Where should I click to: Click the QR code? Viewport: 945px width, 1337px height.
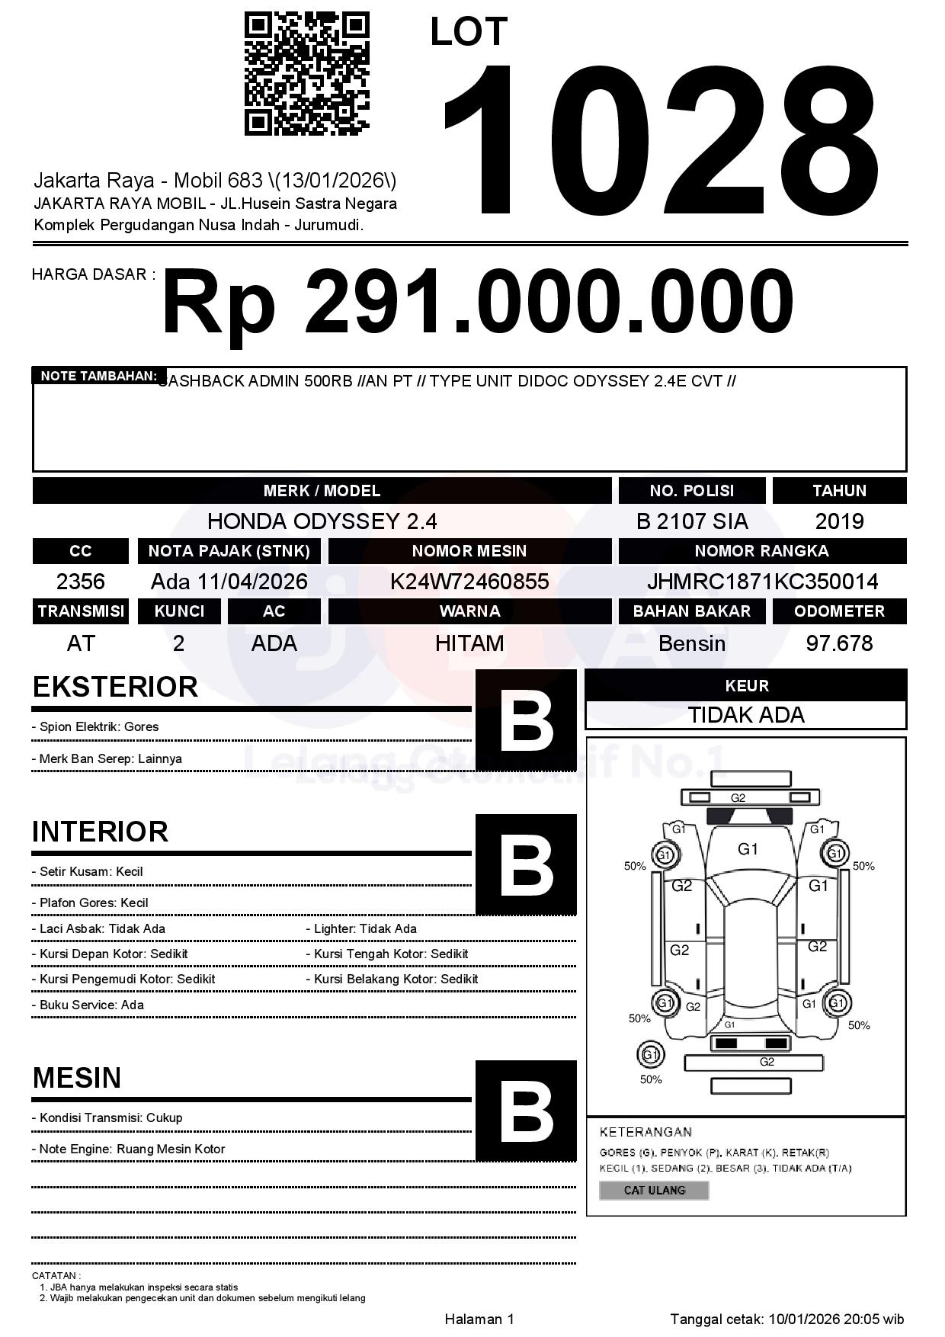[306, 73]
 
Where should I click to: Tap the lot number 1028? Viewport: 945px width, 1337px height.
[660, 139]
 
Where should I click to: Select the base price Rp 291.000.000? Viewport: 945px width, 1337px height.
[477, 302]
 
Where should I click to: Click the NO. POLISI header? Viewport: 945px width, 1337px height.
[691, 491]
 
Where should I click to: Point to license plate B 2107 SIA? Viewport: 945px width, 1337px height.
[692, 521]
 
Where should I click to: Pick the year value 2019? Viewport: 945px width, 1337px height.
[839, 521]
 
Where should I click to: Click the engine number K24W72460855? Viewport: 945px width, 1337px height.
[469, 582]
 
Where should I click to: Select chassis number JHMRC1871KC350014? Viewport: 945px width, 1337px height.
[762, 582]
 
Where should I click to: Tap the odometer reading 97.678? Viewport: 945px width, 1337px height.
[839, 643]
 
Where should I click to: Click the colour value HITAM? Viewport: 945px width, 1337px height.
[469, 643]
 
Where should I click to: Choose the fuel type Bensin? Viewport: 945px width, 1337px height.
[691, 643]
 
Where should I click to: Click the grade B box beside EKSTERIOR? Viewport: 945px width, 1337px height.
[526, 720]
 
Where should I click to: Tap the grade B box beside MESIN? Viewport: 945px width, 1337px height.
[526, 1110]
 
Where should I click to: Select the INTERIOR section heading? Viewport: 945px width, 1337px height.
[100, 831]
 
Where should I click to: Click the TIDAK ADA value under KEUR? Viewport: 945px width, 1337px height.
[746, 715]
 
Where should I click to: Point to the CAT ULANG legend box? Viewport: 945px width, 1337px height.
[654, 1190]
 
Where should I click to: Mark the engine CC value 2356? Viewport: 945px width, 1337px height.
[81, 582]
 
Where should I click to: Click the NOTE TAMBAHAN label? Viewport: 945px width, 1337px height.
[98, 376]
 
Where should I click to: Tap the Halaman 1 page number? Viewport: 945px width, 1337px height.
[479, 1319]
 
